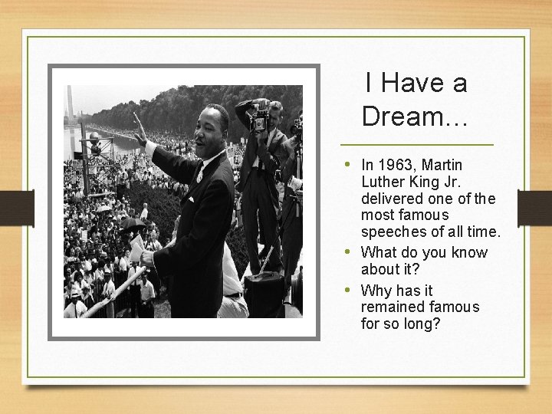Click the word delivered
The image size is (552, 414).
[393, 199]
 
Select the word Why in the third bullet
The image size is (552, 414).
[376, 291]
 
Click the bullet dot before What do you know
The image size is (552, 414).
[348, 252]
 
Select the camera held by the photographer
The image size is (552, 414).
[260, 119]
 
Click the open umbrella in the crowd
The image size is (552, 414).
[132, 224]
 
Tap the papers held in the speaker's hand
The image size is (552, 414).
[137, 247]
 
